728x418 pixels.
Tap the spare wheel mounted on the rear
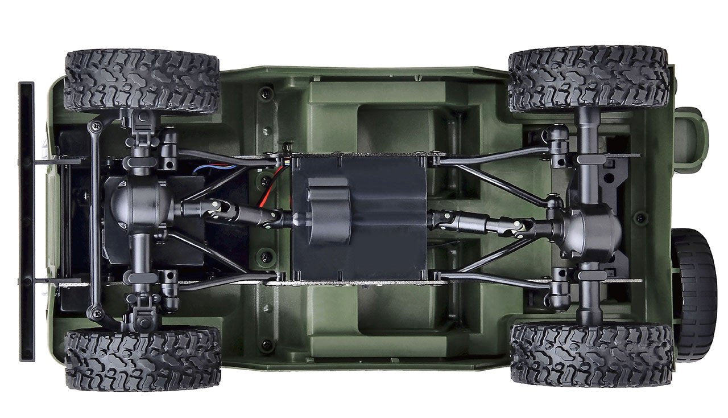pos(695,294)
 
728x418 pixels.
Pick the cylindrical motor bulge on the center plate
pos(328,210)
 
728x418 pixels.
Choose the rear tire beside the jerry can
pos(588,78)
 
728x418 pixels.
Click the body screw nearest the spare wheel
pos(641,217)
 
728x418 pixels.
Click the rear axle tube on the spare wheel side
pos(589,296)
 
